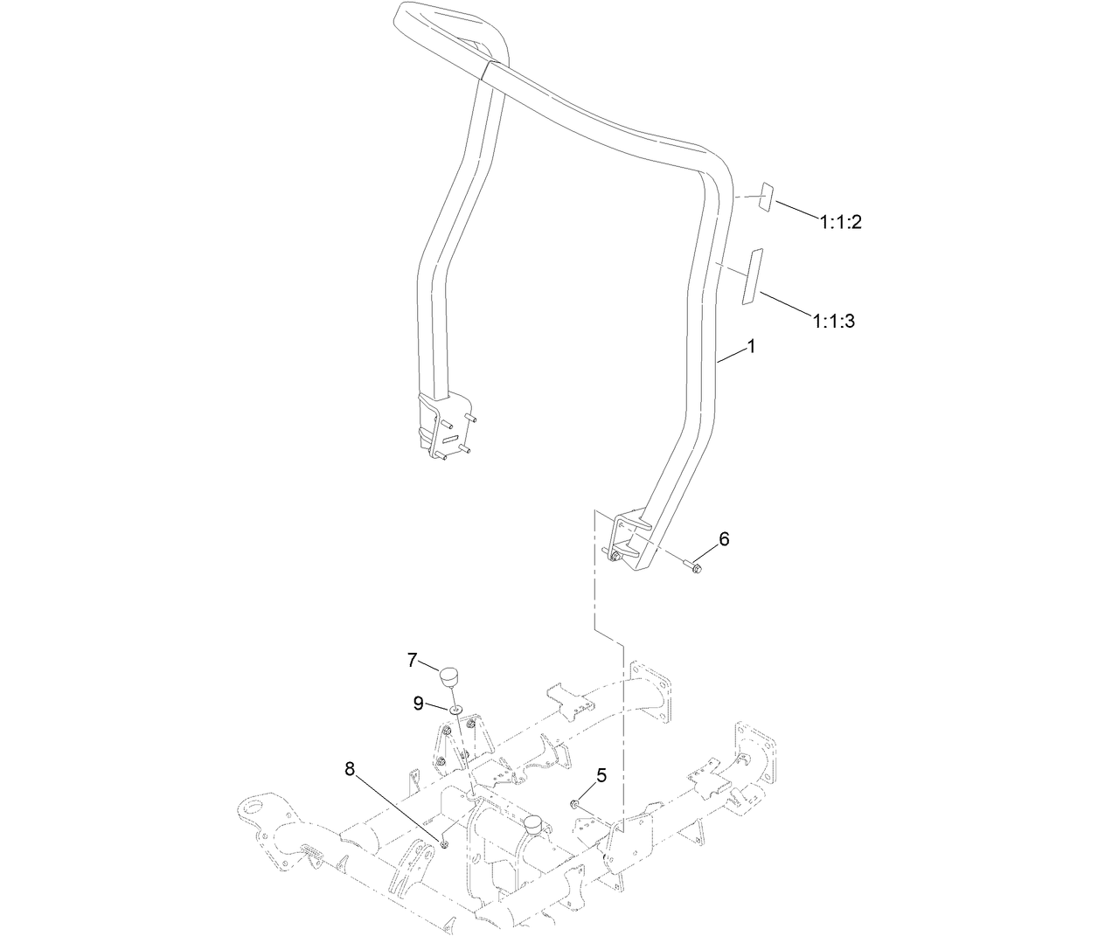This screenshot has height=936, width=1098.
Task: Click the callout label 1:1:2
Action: pos(840,222)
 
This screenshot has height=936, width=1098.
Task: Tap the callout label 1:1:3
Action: pos(832,322)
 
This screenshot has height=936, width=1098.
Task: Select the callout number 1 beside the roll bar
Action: pos(750,347)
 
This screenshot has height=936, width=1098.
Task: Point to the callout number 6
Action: pos(724,539)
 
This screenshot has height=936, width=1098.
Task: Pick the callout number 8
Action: pos(351,769)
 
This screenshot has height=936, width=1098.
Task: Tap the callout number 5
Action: pos(601,774)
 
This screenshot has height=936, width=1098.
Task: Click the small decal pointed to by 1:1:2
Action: pos(765,198)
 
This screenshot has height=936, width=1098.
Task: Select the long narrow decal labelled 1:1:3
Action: pos(751,275)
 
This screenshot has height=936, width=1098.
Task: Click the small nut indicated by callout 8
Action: pos(445,843)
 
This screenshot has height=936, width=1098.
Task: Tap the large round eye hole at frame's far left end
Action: pos(257,805)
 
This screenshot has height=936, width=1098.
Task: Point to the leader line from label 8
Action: pos(398,807)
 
